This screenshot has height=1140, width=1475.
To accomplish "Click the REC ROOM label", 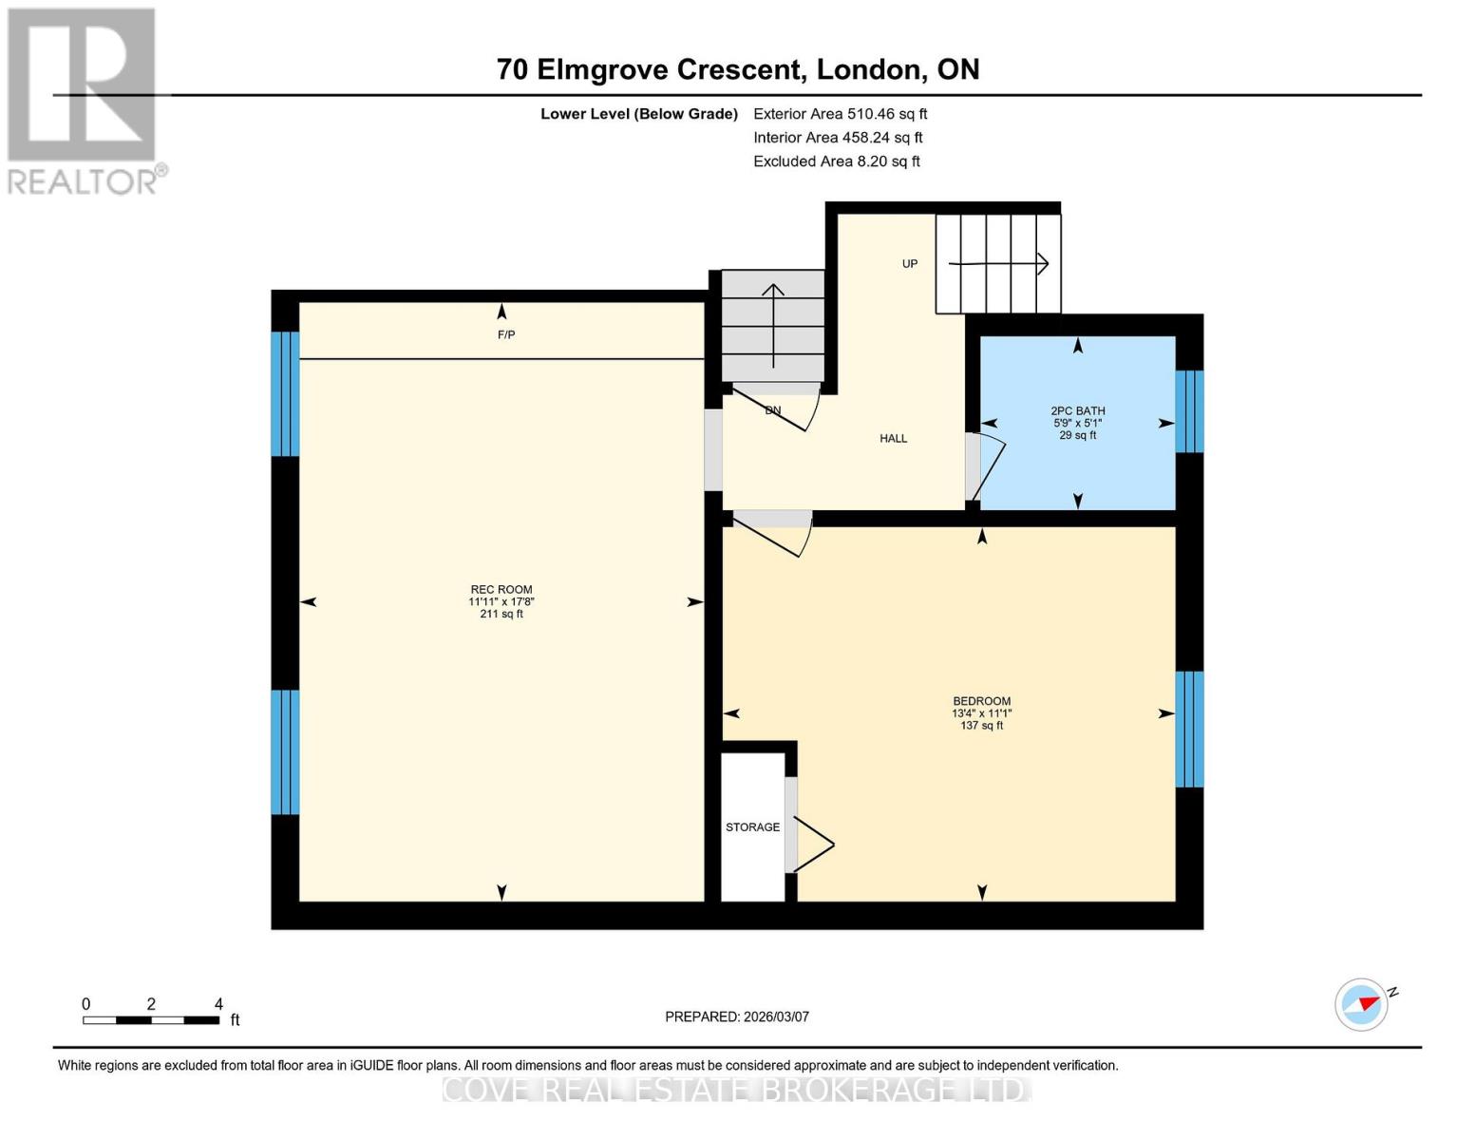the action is coord(501,589).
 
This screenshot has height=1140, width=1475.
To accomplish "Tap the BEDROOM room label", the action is coord(981,701).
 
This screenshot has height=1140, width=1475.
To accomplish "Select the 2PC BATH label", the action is coord(1077,410).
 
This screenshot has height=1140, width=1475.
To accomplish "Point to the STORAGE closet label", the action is coord(752,827).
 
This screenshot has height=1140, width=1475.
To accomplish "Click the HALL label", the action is coord(894,439).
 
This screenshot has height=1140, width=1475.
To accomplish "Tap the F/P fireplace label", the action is coord(505,334).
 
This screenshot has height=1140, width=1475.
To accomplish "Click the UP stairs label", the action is coord(910,263).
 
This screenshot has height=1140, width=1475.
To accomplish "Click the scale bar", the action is coord(151,1020).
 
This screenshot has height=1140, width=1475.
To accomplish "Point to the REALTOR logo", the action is coord(85,102).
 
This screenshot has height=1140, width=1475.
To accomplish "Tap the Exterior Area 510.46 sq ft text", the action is coord(840,114).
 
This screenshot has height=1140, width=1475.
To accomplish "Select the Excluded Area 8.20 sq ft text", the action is coord(836,161).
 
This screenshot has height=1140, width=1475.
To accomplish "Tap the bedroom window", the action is coord(1189,730).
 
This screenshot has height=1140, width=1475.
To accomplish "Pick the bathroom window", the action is coord(1189,411).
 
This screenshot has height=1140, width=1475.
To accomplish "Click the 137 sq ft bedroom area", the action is coord(981,726).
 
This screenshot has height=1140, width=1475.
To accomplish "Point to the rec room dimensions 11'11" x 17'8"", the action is coord(501,601).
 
